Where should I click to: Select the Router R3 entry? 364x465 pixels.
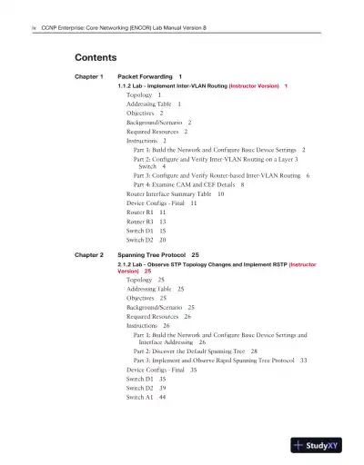coord(139,221)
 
